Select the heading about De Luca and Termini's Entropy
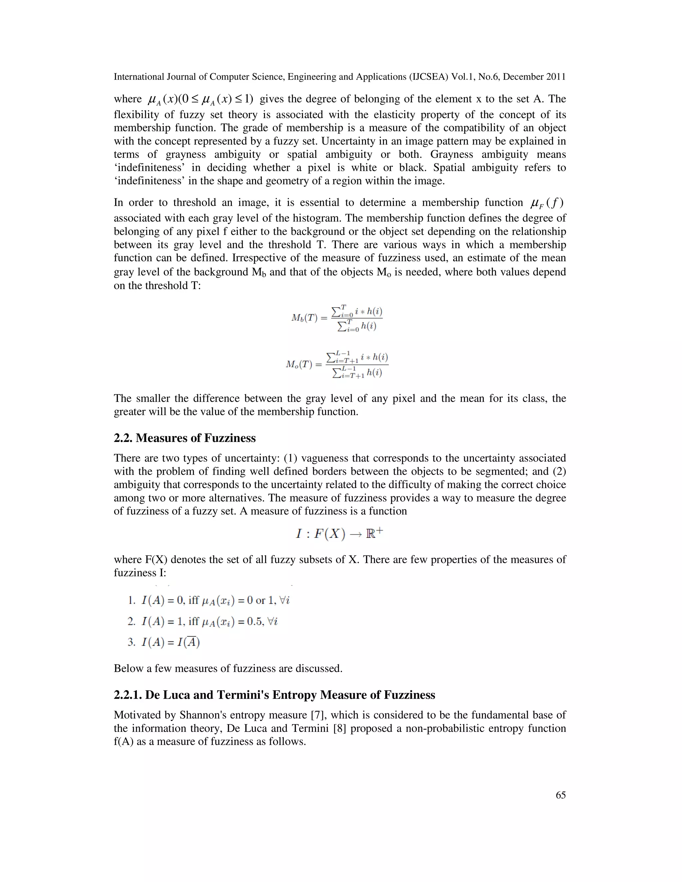tap(274, 695)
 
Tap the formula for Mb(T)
tap(337, 318)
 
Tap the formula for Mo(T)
tap(337, 365)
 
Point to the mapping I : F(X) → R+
tap(339, 534)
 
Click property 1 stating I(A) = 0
tap(208, 600)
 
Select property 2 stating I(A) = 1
tap(202, 621)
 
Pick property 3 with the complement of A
tap(164, 642)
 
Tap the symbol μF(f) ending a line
tap(546, 202)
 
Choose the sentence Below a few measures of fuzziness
tap(228, 668)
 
